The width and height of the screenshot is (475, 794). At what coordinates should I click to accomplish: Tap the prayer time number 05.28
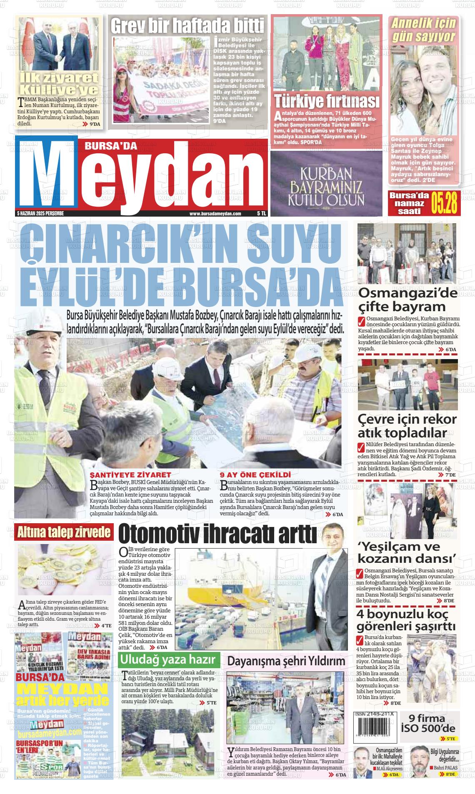445,203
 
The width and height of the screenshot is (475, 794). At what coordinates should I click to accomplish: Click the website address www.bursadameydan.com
215,213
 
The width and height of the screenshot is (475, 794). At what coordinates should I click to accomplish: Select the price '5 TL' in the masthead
261,213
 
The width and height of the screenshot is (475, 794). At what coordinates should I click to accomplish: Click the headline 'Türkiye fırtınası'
327,101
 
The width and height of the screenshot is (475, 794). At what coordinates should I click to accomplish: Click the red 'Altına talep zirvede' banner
64,532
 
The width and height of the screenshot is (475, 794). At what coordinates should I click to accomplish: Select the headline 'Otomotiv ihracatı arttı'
217,534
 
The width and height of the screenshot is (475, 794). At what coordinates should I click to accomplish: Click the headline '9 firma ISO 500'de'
428,724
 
